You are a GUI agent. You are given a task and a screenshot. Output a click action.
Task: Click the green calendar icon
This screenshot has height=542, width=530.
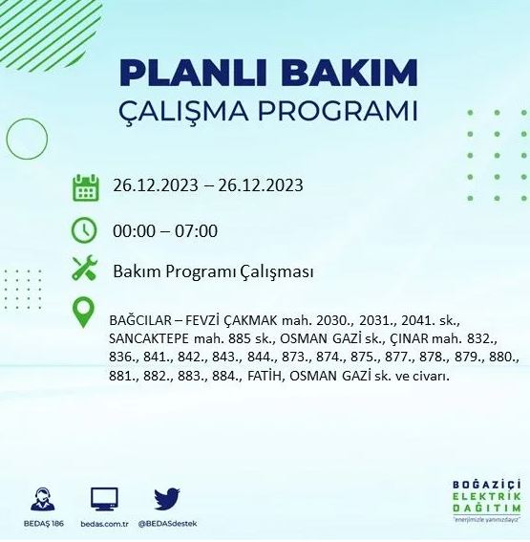coord(86,186)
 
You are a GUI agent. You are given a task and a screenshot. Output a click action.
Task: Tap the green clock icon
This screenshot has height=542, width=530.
coord(86,230)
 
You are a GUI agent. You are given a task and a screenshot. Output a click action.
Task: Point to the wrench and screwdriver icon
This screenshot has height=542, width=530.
coord(86,271)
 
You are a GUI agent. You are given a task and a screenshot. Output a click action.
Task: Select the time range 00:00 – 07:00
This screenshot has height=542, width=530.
coord(165,230)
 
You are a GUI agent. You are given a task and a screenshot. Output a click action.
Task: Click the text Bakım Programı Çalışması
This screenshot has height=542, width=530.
coord(213,271)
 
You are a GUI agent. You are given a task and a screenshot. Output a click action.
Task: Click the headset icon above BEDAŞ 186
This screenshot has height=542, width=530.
coord(42,497)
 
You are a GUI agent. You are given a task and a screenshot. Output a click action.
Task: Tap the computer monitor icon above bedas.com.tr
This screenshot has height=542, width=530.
coord(104,497)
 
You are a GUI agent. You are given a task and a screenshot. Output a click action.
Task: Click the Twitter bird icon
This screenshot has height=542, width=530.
coord(167,498)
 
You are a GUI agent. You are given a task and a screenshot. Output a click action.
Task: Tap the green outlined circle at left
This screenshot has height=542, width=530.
coord(27,139)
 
